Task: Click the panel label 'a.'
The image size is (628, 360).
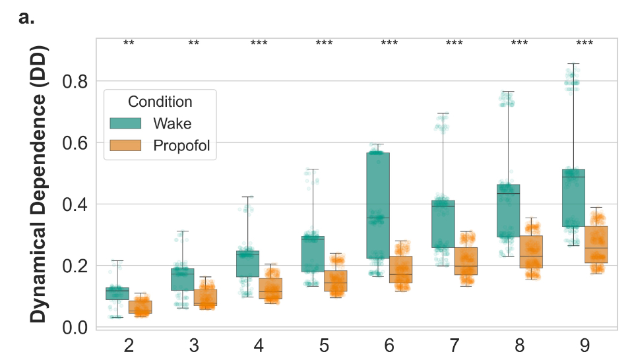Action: click(26, 18)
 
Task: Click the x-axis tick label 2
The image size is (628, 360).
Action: click(129, 345)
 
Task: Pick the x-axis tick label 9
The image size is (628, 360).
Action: click(584, 345)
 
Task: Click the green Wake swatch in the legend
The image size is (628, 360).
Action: click(125, 123)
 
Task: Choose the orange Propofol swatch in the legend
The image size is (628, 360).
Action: click(125, 146)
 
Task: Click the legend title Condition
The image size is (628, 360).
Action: click(160, 102)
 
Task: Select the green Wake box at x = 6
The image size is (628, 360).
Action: click(377, 205)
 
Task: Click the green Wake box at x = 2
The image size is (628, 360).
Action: click(117, 293)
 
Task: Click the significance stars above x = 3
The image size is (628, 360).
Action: click(194, 44)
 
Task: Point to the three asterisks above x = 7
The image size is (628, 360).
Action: click(454, 44)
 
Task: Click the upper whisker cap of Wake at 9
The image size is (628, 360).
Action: click(573, 64)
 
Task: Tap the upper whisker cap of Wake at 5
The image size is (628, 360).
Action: click(313, 169)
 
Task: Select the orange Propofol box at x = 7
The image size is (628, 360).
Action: click(466, 261)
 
